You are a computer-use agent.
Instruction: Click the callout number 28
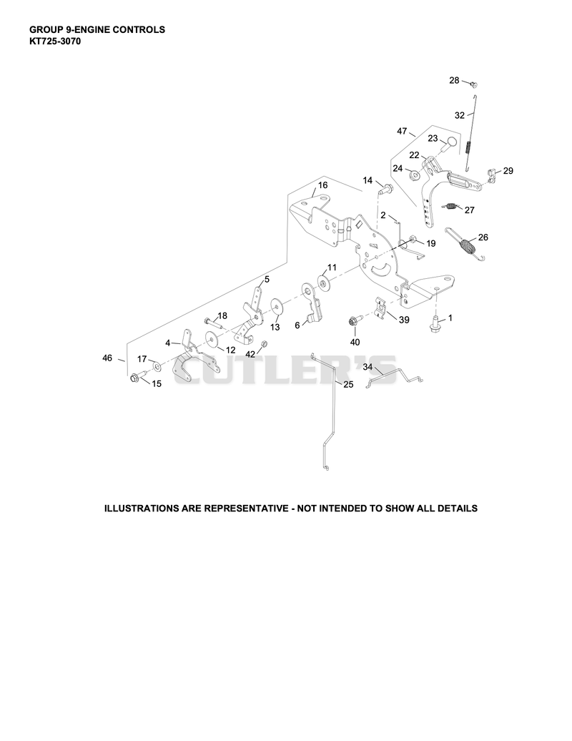tap(454, 80)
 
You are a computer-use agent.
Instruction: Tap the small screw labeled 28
tap(474, 84)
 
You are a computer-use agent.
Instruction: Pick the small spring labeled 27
tap(452, 207)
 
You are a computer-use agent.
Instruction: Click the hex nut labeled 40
tap(354, 321)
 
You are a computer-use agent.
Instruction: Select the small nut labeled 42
tap(265, 343)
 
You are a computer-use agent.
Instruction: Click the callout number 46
tap(107, 358)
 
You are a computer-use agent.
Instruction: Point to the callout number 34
tap(368, 367)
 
